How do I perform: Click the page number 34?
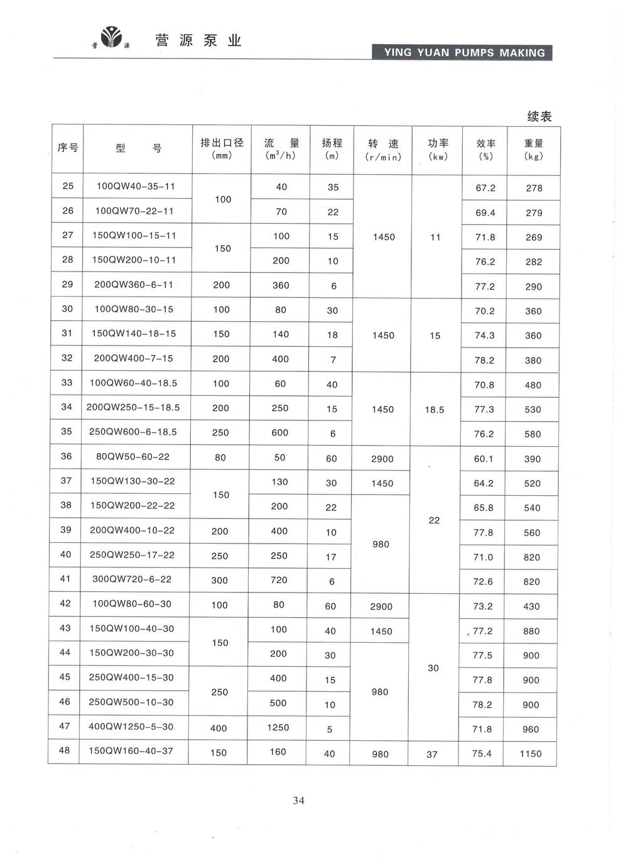298,800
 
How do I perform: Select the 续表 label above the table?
539,116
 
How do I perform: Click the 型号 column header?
138,148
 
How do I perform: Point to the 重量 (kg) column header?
534,150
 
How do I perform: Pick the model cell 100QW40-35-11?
136,186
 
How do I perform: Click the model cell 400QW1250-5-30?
131,726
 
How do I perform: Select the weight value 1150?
530,753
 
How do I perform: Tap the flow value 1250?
278,727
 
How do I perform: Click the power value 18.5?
434,410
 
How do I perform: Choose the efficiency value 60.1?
484,459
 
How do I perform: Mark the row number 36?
67,456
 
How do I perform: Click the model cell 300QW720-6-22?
132,579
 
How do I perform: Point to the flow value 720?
279,580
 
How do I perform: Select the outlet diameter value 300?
219,581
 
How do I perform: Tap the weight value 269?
534,238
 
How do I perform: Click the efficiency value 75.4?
482,753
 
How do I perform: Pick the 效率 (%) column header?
485,150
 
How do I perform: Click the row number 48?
65,750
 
